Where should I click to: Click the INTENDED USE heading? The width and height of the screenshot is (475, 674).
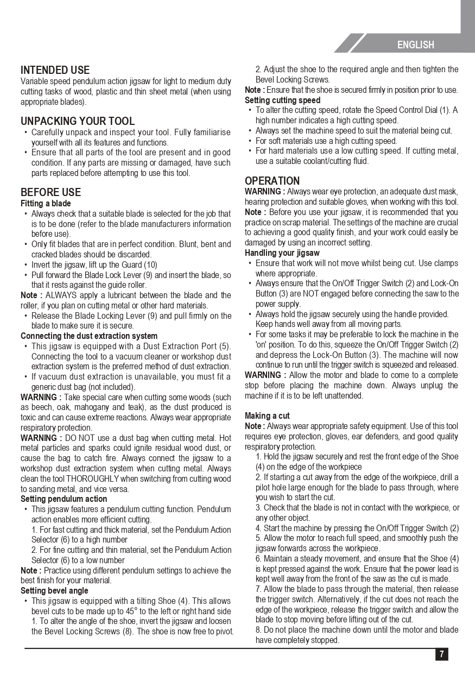55,70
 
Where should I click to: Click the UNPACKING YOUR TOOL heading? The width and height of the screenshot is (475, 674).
77,121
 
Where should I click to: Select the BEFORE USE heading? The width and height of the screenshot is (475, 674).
50,192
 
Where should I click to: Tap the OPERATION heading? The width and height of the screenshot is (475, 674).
272,181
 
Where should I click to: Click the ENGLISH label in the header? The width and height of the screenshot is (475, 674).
415,45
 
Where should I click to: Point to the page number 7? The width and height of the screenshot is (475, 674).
441,654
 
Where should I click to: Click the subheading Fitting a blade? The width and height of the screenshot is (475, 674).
46,204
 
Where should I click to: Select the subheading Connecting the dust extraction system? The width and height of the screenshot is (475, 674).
89,336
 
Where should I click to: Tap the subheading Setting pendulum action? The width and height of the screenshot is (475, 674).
64,499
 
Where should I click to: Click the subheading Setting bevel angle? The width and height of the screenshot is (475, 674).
54,591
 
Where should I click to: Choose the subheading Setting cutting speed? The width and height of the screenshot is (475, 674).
282,100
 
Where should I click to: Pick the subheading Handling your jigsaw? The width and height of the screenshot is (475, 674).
282,253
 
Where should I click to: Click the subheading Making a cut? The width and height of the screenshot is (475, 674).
267,416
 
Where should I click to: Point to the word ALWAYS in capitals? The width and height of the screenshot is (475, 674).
62,295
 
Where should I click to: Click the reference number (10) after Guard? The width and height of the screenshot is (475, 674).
150,265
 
